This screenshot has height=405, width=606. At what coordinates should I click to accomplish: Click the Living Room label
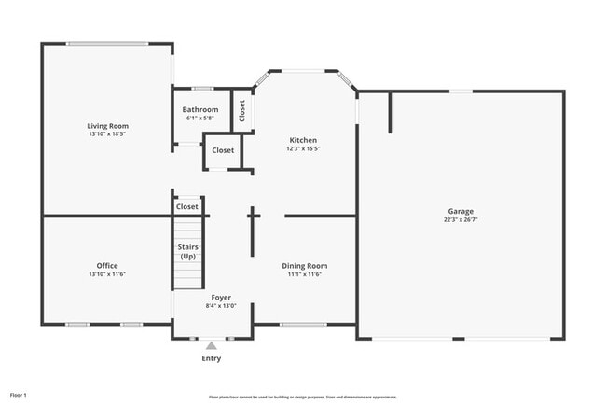tap(107, 126)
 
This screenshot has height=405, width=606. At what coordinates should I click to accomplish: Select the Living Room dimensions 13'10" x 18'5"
tap(107, 134)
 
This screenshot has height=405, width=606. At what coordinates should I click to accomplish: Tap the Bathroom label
tap(200, 110)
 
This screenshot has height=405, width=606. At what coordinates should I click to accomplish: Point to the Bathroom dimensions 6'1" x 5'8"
tap(200, 119)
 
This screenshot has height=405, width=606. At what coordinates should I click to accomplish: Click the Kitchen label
tap(303, 140)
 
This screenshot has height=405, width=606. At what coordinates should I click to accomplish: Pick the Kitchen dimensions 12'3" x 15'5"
tap(303, 148)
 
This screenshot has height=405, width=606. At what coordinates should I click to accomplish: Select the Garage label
tap(461, 211)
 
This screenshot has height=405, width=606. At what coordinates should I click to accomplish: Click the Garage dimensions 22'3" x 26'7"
tap(461, 220)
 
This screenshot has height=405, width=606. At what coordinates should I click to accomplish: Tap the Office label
tap(107, 266)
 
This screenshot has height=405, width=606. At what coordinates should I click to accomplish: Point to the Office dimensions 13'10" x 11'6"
tap(107, 274)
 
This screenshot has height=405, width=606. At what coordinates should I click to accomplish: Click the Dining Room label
tap(305, 266)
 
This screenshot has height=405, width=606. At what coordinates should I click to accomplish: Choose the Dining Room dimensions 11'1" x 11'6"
tap(305, 274)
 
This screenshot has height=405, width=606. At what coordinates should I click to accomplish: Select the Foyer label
tap(221, 297)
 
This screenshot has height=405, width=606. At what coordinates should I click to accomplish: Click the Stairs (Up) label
tap(188, 251)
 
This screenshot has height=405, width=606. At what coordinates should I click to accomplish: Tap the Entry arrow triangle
tap(211, 345)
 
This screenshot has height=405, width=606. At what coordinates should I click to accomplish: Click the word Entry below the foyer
tap(212, 358)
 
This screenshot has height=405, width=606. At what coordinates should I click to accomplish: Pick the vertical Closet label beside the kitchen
tap(241, 111)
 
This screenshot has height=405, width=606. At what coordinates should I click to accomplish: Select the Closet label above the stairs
tap(187, 207)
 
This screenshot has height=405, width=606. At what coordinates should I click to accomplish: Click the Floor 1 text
tap(19, 396)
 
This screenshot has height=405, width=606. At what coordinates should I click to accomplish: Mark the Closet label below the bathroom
tap(223, 150)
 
